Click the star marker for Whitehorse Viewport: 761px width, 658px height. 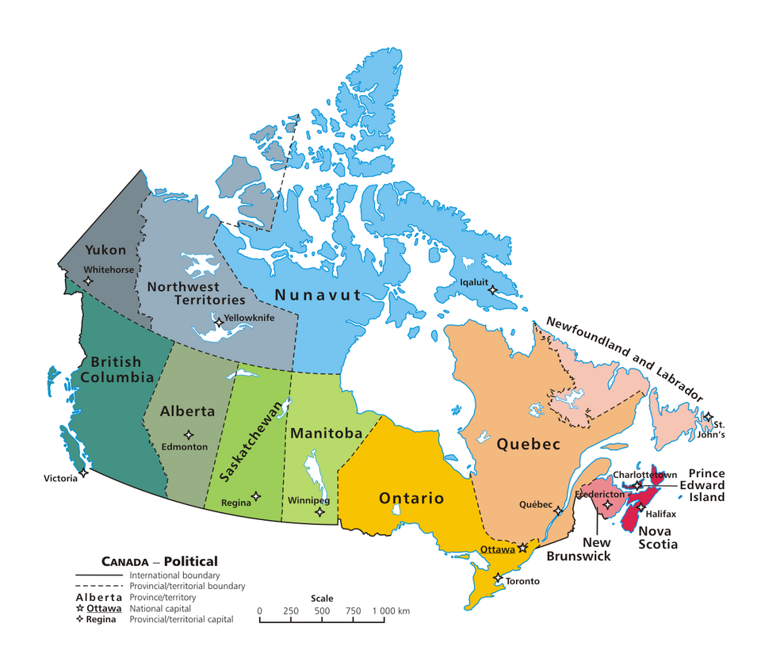[88, 281]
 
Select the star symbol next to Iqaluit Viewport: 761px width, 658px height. [492, 291]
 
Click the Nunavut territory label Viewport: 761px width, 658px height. [318, 295]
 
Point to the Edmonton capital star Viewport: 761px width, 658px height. [189, 434]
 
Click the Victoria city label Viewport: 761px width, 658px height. [61, 478]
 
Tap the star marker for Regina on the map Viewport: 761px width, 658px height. [256, 497]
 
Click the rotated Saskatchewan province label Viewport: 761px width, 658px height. [254, 439]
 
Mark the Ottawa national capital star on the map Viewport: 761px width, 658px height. [523, 548]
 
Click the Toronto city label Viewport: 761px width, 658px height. [522, 581]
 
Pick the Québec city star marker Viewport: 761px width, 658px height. [559, 511]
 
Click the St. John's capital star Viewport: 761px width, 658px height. [709, 417]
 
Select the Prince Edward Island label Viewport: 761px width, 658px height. [706, 485]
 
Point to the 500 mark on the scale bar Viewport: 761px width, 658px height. [322, 610]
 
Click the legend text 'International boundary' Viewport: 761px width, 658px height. [174, 575]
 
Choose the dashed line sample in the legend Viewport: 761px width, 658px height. [99, 586]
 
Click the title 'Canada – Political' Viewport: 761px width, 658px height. [159, 561]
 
